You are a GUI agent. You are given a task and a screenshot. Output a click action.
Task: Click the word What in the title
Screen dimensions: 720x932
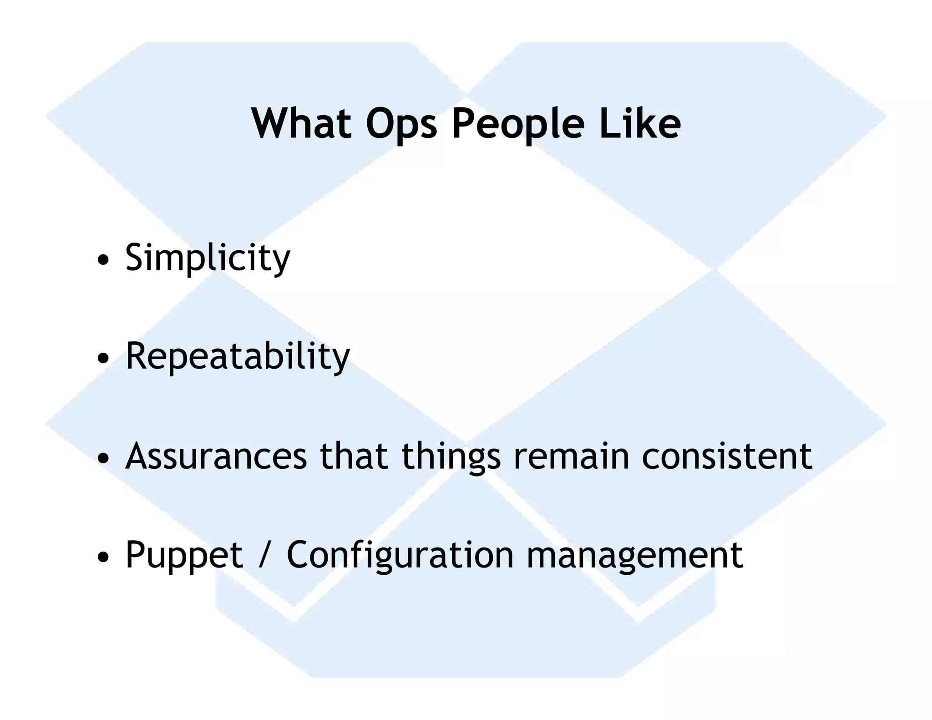[x=302, y=123]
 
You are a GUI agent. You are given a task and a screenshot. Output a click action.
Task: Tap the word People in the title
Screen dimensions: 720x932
[x=518, y=124]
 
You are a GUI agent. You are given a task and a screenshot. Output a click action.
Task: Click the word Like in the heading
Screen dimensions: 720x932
[x=640, y=123]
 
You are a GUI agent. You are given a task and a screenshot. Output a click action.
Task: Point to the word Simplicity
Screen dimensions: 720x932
[x=208, y=258]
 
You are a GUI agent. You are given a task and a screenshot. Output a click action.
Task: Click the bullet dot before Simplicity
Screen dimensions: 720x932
[x=103, y=261]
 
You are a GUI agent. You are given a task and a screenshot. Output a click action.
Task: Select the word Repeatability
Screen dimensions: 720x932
[x=238, y=357]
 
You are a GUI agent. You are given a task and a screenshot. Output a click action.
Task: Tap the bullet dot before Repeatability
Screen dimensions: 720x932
[x=103, y=359]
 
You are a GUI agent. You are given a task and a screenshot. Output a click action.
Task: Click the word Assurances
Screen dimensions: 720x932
[x=216, y=456]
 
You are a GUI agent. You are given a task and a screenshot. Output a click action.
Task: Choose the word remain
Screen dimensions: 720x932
[x=571, y=456]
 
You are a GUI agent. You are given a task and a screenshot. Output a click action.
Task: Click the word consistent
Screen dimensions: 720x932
[x=727, y=456]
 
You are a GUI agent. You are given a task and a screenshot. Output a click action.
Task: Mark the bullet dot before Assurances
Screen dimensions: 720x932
[x=103, y=458]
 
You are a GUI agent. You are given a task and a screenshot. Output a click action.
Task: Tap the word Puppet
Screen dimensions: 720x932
[x=184, y=556]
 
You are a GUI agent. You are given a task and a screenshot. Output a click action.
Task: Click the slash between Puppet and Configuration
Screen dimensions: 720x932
[x=264, y=556]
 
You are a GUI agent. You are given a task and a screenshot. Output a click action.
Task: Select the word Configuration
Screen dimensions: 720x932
[x=400, y=556]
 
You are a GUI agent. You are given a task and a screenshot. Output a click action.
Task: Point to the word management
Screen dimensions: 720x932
[x=634, y=556]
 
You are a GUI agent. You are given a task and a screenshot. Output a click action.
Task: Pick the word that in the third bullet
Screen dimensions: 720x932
[x=354, y=456]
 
